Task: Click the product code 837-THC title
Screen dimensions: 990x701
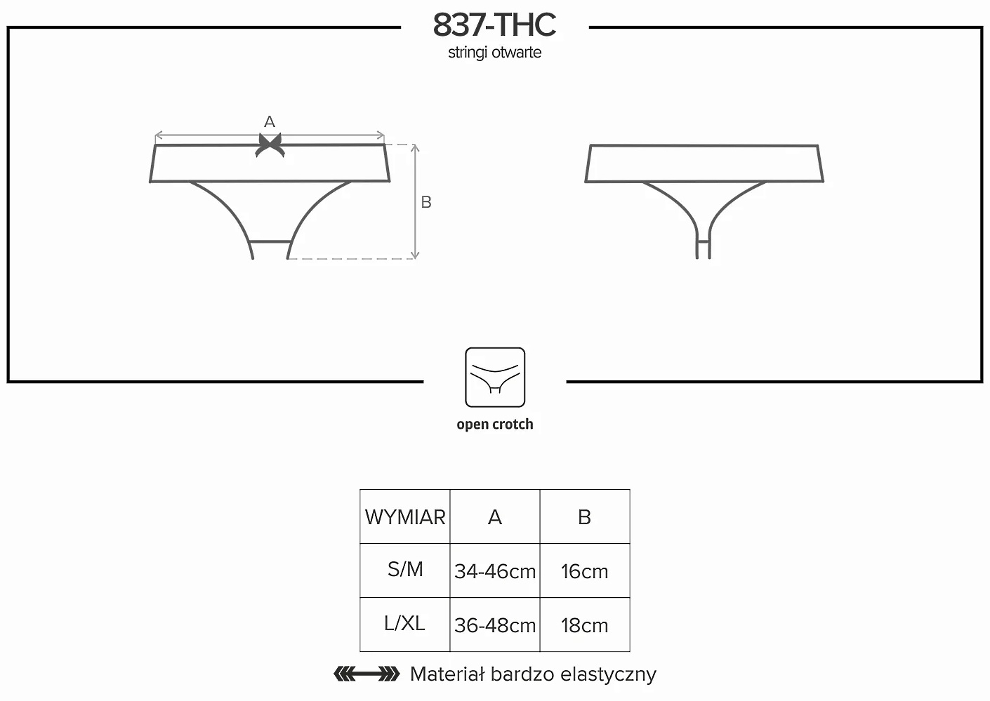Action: click(x=494, y=25)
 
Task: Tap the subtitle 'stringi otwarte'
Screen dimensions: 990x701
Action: click(x=494, y=53)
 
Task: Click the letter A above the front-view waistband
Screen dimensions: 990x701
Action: click(x=270, y=121)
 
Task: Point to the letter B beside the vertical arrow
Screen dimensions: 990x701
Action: click(x=426, y=202)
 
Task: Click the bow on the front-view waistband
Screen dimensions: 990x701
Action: click(x=270, y=145)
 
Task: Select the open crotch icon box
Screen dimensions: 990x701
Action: click(x=495, y=378)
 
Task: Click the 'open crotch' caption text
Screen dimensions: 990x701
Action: click(x=495, y=424)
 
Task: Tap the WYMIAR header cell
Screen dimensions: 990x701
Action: click(x=405, y=516)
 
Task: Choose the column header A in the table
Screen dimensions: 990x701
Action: click(x=495, y=516)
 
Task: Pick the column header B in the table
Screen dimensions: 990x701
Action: click(x=585, y=516)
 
